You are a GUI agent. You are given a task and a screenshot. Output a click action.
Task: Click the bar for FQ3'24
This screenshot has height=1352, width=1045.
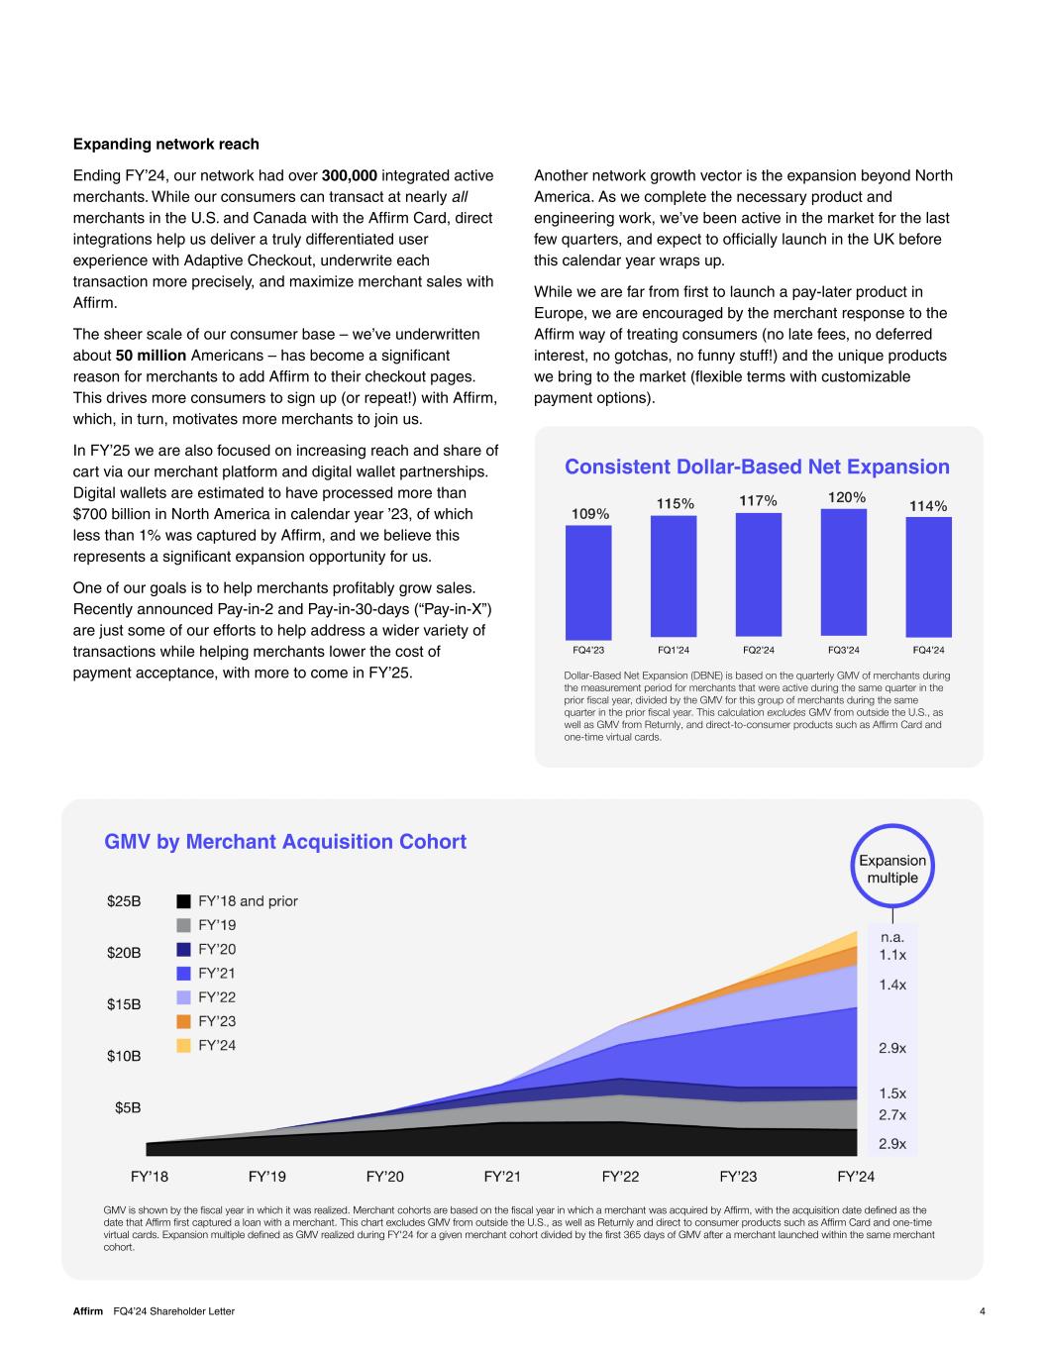[x=844, y=572]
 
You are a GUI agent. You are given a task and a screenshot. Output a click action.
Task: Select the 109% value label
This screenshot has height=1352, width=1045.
[x=590, y=514]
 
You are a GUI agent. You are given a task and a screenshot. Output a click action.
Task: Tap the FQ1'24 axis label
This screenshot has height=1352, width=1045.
[x=674, y=650]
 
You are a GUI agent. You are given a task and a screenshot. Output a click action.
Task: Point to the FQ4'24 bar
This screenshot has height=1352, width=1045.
[x=929, y=576]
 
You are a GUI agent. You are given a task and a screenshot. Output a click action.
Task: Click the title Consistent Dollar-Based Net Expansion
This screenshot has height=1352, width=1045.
[x=757, y=467]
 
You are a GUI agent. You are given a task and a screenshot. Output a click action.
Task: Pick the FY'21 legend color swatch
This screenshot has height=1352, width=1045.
[x=183, y=974]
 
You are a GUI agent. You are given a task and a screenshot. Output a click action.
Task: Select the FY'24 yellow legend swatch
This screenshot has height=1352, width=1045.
[x=183, y=1045]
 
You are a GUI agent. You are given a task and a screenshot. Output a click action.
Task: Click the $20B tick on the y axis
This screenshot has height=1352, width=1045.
[x=124, y=953]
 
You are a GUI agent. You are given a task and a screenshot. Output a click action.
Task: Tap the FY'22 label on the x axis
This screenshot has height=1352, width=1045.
[x=620, y=1177]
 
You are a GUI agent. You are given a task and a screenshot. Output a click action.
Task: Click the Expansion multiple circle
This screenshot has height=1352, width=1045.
[x=892, y=826]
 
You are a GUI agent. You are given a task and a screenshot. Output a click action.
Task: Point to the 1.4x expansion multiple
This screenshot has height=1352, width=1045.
[x=892, y=985]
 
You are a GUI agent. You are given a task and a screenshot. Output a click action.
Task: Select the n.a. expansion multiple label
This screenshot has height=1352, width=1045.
[x=892, y=937]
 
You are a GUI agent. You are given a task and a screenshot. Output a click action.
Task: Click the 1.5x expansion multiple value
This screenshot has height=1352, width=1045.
[x=892, y=1093]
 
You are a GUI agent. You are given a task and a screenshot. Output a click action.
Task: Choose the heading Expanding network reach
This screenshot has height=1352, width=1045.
[x=166, y=145]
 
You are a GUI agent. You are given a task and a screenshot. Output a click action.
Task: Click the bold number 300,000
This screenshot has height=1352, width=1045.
[x=350, y=176]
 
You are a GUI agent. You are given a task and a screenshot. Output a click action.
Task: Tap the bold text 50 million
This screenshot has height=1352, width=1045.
[x=152, y=356]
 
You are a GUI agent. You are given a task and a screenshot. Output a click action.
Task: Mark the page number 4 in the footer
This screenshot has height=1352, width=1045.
[x=983, y=1311]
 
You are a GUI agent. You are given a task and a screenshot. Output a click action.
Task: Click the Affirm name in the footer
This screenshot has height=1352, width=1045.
[x=88, y=1311]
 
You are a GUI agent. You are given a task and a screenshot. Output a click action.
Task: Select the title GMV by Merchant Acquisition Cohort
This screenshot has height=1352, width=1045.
[x=285, y=841]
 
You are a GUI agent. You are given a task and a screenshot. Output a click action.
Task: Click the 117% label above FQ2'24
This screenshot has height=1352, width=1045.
[x=759, y=501]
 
